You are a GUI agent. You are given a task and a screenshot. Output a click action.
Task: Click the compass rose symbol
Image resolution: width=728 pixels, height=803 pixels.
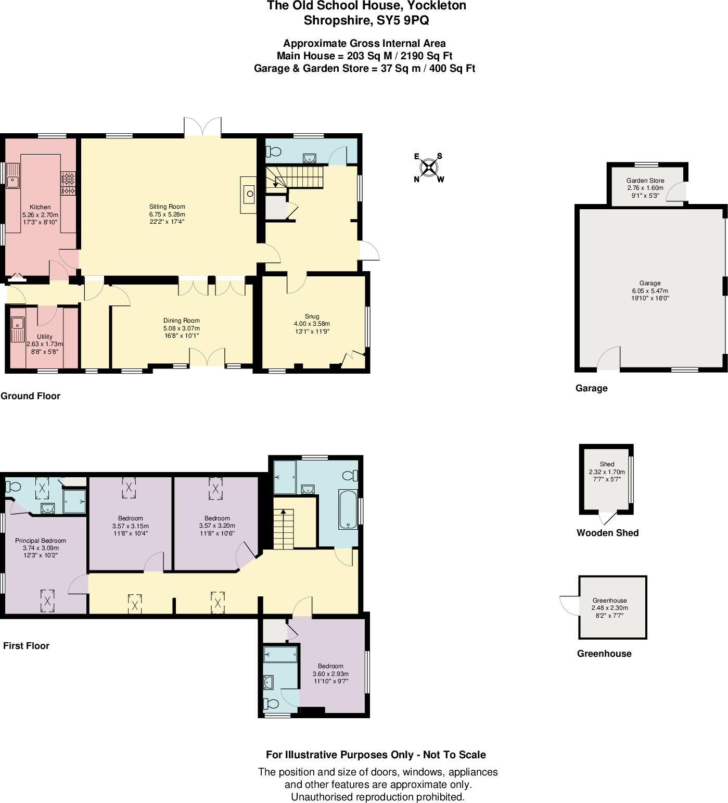pyautogui.click(x=428, y=168)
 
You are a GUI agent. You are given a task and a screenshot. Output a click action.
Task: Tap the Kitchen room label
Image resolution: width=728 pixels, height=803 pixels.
pyautogui.click(x=40, y=207)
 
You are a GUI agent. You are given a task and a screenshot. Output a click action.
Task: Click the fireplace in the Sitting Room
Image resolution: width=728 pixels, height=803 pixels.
pyautogui.click(x=249, y=195)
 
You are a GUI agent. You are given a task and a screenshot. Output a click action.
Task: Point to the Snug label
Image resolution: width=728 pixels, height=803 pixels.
pyautogui.click(x=312, y=316)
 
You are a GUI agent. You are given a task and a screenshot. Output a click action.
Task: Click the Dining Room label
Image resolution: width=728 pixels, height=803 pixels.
pyautogui.click(x=181, y=321)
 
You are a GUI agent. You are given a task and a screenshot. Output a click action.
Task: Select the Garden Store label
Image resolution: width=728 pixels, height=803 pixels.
pyautogui.click(x=645, y=181)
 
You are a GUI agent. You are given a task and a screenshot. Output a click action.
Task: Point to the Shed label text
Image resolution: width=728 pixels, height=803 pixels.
pyautogui.click(x=607, y=464)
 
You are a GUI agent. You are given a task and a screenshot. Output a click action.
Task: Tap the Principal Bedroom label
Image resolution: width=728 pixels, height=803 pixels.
pyautogui.click(x=41, y=541)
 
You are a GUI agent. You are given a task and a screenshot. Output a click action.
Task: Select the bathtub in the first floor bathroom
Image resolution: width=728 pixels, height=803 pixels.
pyautogui.click(x=348, y=509)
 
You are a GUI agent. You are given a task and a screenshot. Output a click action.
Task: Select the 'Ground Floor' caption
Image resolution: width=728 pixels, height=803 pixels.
pyautogui.click(x=30, y=396)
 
